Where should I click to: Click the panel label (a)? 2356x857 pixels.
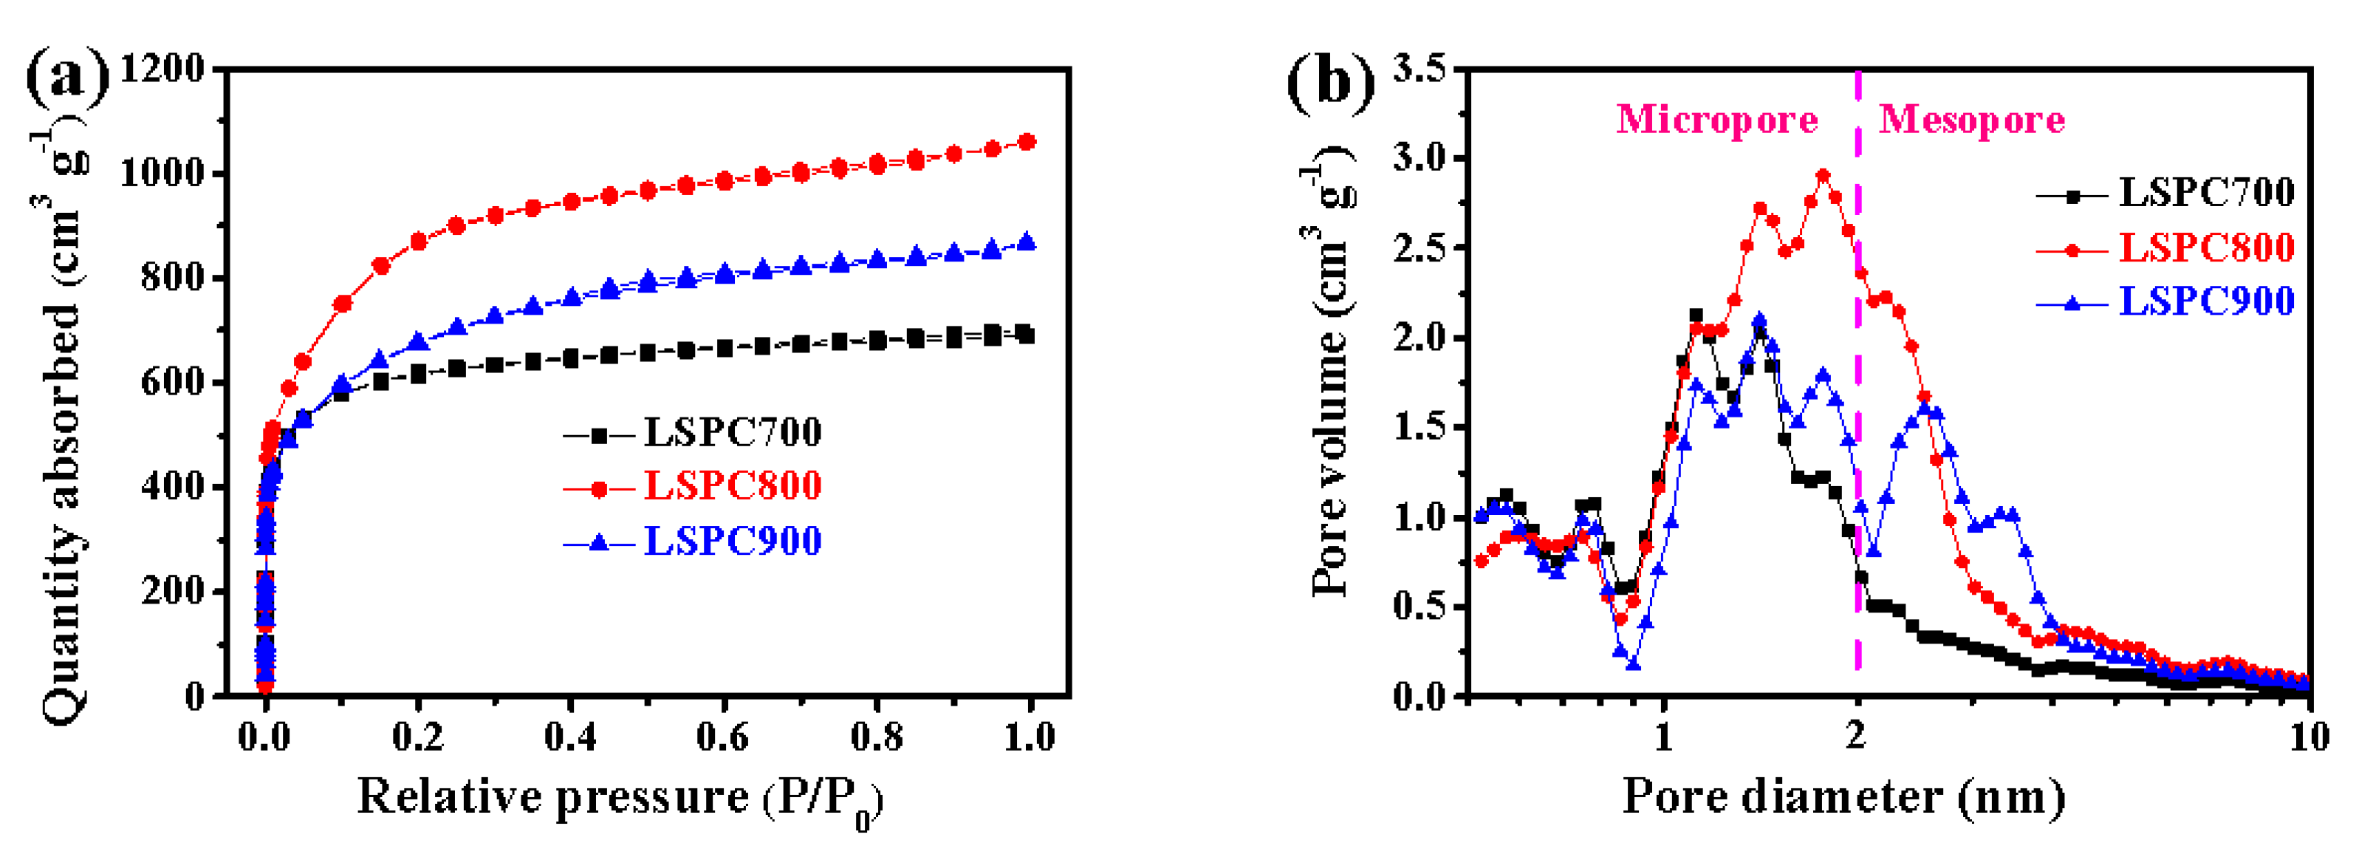coord(66,78)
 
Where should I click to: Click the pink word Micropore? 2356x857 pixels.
coord(1716,120)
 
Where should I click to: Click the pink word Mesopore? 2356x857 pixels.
coord(1971,120)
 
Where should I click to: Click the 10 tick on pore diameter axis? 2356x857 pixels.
coord(2309,737)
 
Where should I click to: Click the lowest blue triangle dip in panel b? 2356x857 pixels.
coord(1632,663)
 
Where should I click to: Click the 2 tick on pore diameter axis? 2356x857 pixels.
coord(1856,737)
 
